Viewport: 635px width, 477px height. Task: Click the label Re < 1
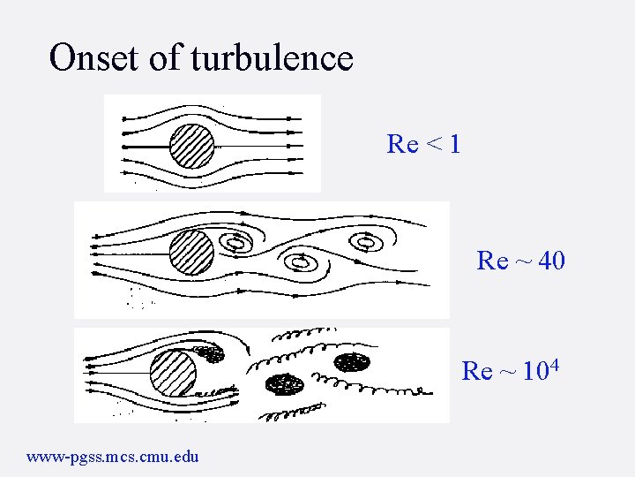[x=423, y=144]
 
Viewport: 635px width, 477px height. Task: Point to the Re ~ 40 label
[x=520, y=261]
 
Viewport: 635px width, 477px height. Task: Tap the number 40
[x=550, y=261]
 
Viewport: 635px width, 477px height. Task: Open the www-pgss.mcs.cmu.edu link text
[x=113, y=457]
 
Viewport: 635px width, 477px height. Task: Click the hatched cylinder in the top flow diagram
[x=191, y=145]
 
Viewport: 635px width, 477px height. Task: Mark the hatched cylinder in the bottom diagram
[x=173, y=373]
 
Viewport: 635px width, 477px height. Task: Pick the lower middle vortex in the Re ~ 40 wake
[x=300, y=261]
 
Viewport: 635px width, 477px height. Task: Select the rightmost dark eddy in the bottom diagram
[x=353, y=360]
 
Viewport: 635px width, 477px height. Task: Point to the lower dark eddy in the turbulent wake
[x=285, y=384]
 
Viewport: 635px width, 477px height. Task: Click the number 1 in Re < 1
[x=453, y=144]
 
